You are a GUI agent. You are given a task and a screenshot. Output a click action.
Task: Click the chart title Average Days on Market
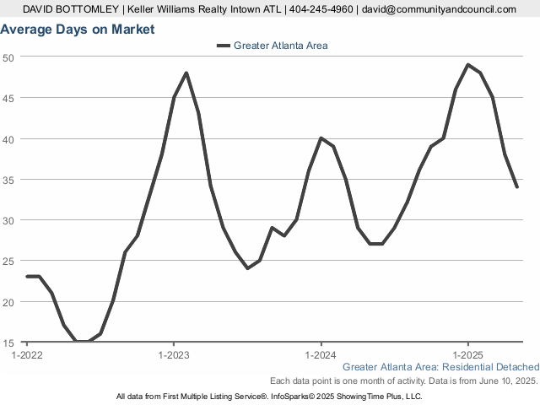tap(78, 30)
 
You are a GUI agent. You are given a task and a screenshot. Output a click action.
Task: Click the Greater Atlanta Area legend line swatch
tap(223, 46)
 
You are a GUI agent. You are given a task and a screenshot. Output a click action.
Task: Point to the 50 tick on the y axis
tap(8, 57)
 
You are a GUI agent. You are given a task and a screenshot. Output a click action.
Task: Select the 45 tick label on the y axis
tap(8, 98)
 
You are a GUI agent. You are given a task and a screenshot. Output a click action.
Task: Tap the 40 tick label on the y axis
tap(8, 138)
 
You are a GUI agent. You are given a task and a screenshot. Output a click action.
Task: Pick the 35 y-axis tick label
tap(8, 180)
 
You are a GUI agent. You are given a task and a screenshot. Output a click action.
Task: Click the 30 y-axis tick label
tap(8, 220)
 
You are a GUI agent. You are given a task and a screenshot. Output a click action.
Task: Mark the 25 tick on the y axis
tap(8, 262)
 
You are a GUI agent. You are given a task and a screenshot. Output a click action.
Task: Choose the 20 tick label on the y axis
tap(8, 302)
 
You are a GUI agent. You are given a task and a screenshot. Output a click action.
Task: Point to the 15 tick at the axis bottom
tap(8, 343)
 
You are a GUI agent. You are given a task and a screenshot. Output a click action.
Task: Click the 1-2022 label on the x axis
tap(27, 355)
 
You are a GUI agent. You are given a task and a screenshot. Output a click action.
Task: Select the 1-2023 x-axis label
tap(174, 355)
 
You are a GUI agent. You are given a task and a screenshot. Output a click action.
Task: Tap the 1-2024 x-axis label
tap(321, 355)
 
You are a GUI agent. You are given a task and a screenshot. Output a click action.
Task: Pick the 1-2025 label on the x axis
tap(468, 355)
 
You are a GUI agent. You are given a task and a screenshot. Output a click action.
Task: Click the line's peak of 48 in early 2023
tap(186, 73)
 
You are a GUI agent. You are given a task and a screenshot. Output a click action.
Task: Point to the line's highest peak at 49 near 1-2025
tap(468, 65)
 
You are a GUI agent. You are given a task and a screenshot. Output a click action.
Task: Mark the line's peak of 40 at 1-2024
tap(321, 138)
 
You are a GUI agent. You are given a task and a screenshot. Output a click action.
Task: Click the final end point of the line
tap(517, 187)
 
